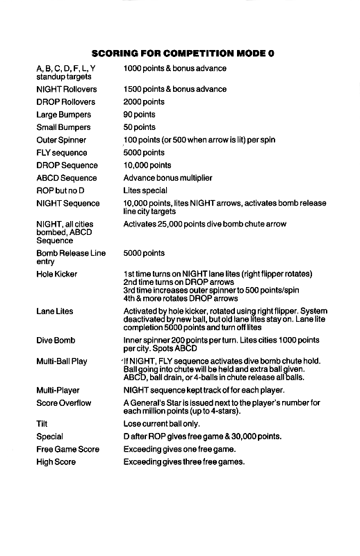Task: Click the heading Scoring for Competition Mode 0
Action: coord(179,54)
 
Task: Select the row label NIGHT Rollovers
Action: coord(66,90)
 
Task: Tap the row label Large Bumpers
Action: coord(63,115)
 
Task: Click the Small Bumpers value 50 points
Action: coord(139,127)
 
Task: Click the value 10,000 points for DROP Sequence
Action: coord(147,165)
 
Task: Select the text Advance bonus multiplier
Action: coord(167,178)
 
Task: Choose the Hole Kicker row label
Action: coord(56,274)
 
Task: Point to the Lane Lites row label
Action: coord(55,311)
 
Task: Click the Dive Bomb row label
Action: coord(55,341)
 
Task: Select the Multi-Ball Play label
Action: coord(61,361)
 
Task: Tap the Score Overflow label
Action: coord(63,403)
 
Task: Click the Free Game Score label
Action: coord(67,449)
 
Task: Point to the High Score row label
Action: coord(56,462)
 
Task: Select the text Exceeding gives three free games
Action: coord(183,462)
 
